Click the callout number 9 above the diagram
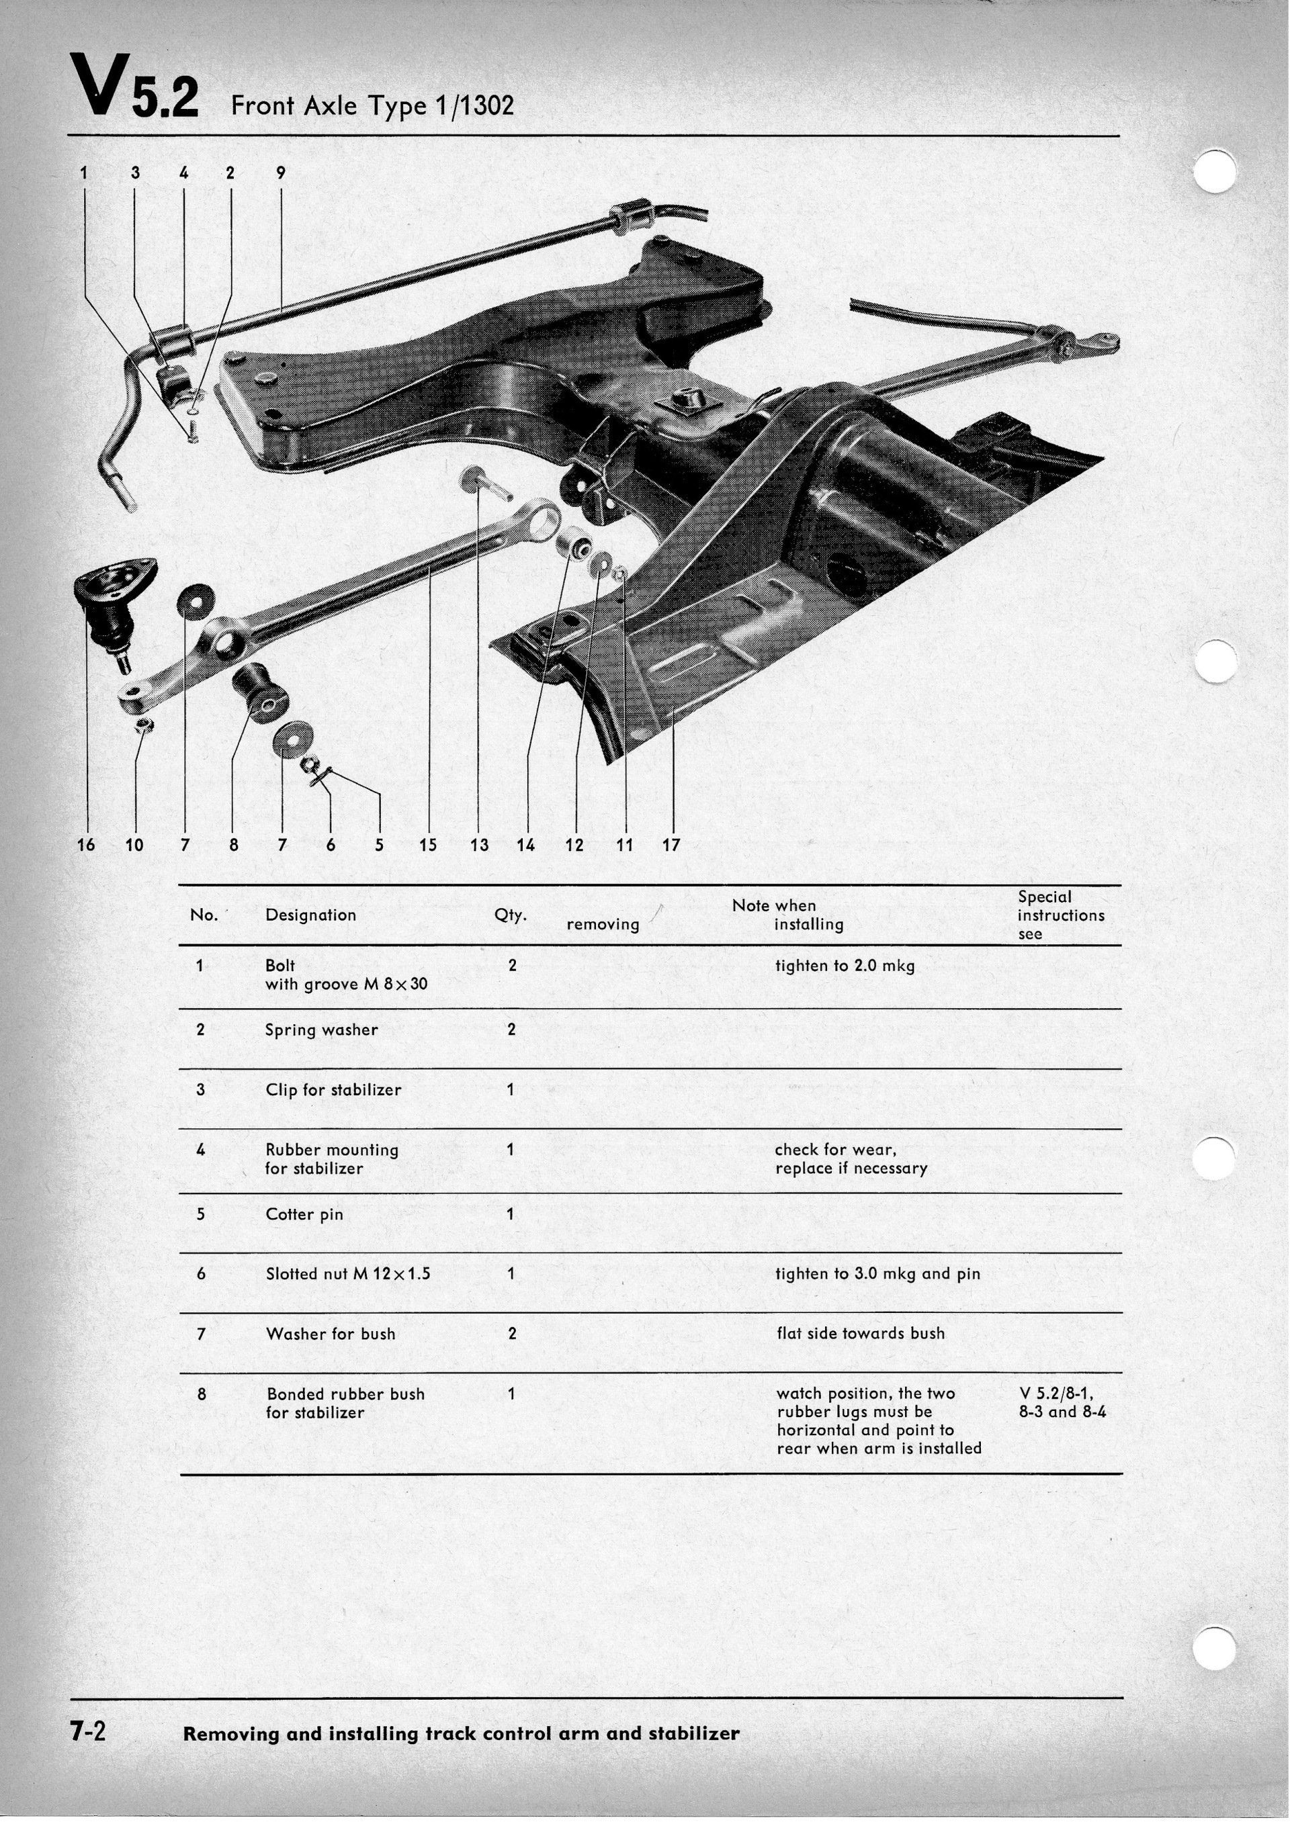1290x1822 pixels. click(x=280, y=173)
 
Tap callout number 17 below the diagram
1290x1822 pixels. click(x=671, y=845)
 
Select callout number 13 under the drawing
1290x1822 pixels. click(x=479, y=845)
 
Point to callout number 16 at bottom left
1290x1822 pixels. click(x=86, y=845)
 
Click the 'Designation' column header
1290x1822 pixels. click(x=310, y=915)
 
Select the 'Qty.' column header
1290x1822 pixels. click(x=510, y=915)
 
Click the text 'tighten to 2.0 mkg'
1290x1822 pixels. click(x=845, y=966)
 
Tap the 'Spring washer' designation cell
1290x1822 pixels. click(x=321, y=1030)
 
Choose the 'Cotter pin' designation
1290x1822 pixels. click(x=304, y=1215)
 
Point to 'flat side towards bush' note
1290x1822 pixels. click(x=860, y=1334)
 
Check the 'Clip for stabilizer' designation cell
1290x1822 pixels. click(x=333, y=1090)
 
